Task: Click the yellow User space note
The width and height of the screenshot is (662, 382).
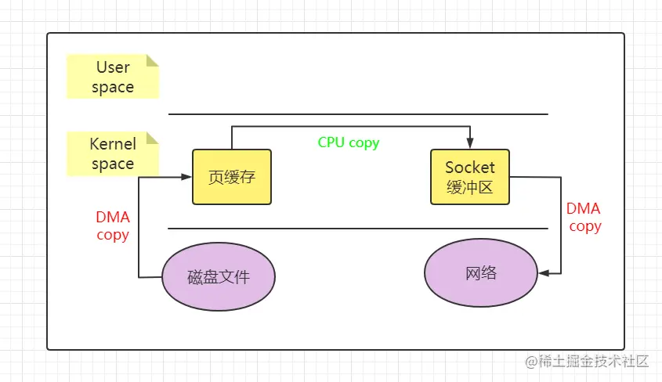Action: [x=113, y=76]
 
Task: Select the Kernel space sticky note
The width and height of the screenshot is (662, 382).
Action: [x=113, y=153]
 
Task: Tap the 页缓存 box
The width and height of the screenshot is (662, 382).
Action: [x=232, y=177]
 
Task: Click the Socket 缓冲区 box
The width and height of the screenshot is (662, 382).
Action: [x=470, y=177]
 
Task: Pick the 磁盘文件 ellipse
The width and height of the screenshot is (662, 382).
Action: [x=219, y=276]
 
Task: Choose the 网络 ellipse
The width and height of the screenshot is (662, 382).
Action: [x=481, y=272]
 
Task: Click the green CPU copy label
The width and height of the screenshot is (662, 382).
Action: [x=349, y=142]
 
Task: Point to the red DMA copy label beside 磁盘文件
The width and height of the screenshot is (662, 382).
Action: [x=113, y=226]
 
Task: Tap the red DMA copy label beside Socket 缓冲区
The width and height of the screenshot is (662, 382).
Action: [x=584, y=218]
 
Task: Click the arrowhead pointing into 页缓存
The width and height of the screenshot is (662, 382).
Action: [x=186, y=177]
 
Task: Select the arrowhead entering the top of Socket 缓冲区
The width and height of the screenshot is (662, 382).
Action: [x=470, y=143]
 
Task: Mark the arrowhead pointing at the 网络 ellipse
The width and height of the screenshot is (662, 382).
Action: [x=544, y=273]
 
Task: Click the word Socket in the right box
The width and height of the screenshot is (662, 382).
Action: [x=470, y=168]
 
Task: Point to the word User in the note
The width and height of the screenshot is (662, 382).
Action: [x=113, y=67]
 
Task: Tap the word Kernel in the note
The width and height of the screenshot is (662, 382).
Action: [x=113, y=144]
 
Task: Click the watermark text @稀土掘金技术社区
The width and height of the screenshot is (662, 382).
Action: [x=587, y=362]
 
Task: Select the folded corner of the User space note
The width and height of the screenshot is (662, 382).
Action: [x=153, y=60]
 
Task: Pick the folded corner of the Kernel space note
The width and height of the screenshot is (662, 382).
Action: [x=153, y=138]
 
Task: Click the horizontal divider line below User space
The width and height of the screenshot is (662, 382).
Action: [x=358, y=114]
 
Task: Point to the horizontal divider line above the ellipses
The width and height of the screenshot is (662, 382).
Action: [x=358, y=229]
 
